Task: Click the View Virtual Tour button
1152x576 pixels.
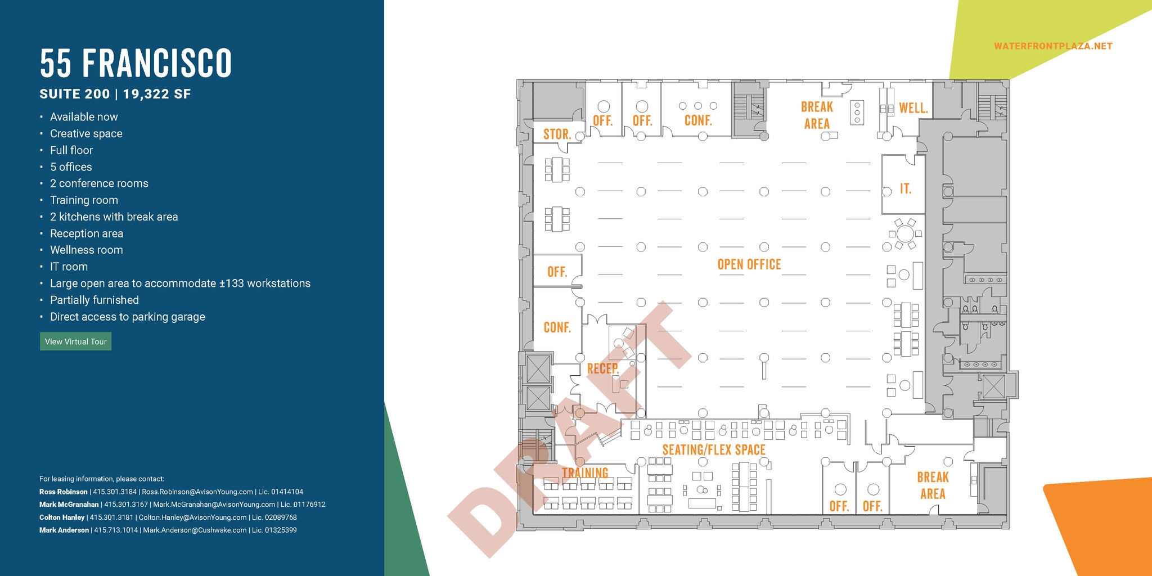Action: tap(75, 341)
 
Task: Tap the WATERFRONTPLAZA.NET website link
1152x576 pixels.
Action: tap(1053, 46)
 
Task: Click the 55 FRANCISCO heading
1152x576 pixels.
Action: tap(136, 63)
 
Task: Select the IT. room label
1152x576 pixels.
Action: tap(905, 189)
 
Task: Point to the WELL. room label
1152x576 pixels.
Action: tap(913, 108)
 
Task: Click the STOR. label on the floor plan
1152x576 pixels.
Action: tap(557, 134)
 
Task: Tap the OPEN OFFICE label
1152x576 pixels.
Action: tap(749, 264)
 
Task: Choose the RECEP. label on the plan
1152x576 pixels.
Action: tap(603, 368)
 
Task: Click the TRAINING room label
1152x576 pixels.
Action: tap(585, 472)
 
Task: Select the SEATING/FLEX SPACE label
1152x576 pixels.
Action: tap(714, 450)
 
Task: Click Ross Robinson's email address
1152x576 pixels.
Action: tap(197, 492)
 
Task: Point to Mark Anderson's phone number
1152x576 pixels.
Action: tap(116, 530)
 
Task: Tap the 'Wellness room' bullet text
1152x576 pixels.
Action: tap(86, 250)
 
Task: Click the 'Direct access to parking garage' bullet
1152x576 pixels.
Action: tap(127, 317)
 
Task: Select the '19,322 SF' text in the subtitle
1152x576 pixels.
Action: tap(157, 94)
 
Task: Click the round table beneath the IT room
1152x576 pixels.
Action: tap(905, 233)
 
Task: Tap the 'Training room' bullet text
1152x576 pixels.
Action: tap(84, 200)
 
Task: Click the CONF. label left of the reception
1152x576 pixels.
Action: tap(557, 327)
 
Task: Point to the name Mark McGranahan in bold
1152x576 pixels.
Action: tap(69, 505)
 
